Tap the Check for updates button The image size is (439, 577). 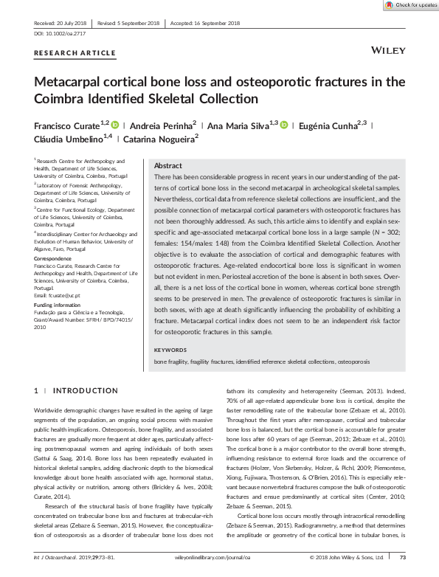pyautogui.click(x=409, y=5)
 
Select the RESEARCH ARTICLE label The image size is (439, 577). pyautogui.click(x=75, y=53)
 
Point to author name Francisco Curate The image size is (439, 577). pyautogui.click(x=66, y=125)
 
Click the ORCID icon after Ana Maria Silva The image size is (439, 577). pyautogui.click(x=285, y=125)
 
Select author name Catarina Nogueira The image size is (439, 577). pyautogui.click(x=158, y=138)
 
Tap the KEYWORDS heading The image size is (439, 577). pyautogui.click(x=171, y=349)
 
